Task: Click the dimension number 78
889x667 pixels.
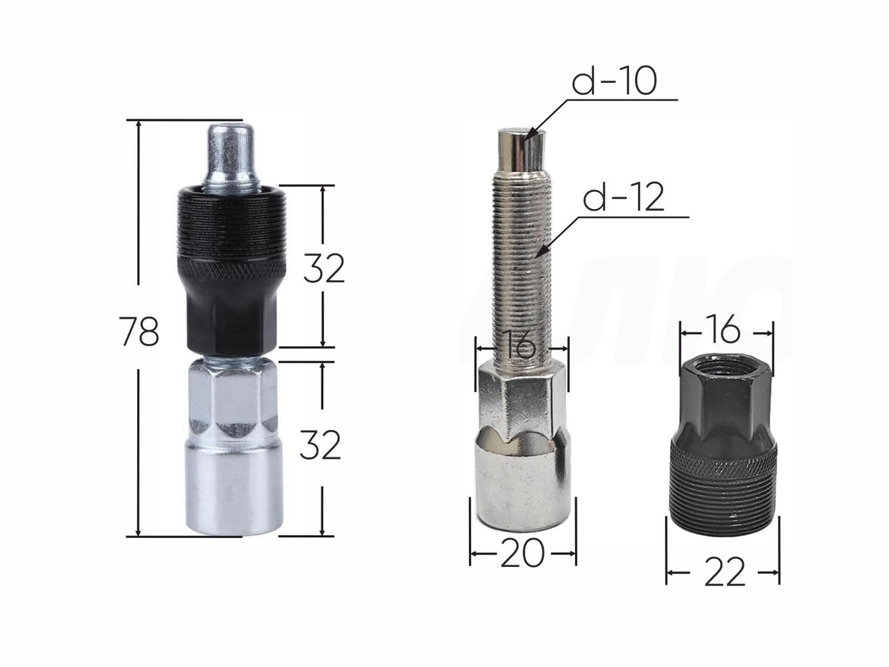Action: [139, 331]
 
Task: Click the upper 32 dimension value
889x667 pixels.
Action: [324, 268]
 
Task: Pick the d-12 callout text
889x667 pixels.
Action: [624, 197]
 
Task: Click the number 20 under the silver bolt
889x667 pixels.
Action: [522, 554]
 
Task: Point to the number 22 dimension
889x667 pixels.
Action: [725, 573]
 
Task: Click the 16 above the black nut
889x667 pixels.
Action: [725, 330]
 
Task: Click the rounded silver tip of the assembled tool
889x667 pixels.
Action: [230, 156]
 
